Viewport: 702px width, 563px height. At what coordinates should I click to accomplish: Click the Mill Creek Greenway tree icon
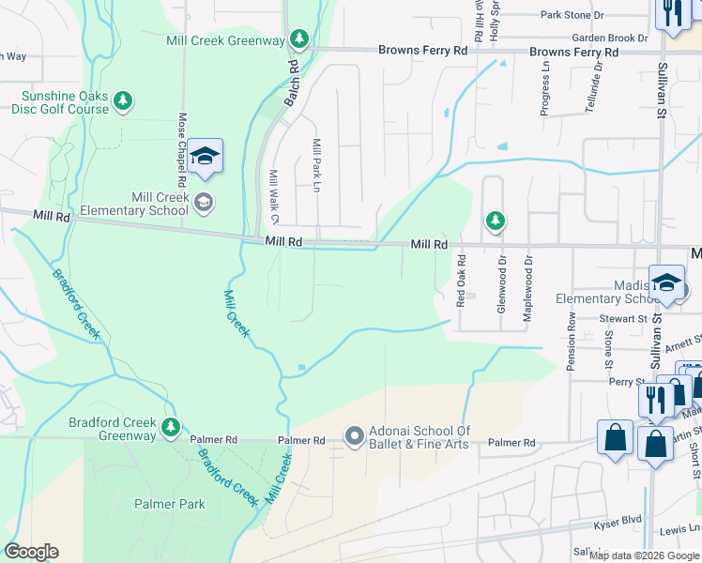(x=298, y=39)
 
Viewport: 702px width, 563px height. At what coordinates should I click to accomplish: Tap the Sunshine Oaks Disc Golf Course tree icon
(x=122, y=100)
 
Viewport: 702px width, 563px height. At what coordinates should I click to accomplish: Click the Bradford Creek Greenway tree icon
(x=170, y=428)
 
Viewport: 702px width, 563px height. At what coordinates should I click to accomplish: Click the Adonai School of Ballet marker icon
(x=354, y=435)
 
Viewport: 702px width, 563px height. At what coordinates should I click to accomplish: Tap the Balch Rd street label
(x=292, y=83)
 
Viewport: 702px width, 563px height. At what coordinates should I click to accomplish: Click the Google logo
(x=31, y=551)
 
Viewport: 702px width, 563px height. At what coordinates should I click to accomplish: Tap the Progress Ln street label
(x=545, y=89)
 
